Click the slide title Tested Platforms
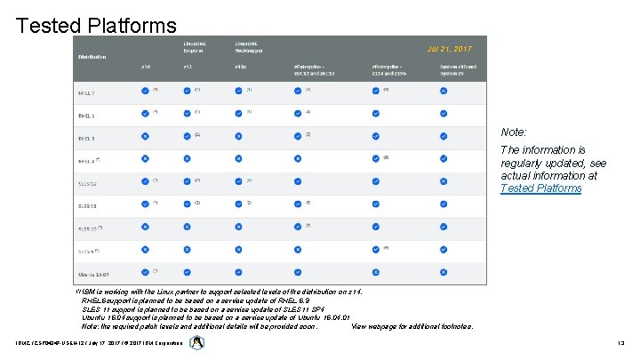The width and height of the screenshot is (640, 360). point(96,24)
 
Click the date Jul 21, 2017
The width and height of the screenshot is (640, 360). point(450,49)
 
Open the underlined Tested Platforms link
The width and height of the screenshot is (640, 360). point(540,188)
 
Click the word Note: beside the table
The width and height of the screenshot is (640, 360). point(514,132)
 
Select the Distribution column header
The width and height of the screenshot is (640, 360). point(92,57)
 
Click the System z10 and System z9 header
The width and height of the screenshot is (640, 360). point(459,69)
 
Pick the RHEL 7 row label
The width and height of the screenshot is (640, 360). point(87,91)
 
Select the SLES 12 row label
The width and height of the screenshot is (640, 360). point(87,182)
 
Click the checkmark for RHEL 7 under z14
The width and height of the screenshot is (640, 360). point(145,91)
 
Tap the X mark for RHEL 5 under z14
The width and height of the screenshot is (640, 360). point(145,137)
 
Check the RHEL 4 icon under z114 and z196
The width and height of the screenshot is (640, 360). point(375,160)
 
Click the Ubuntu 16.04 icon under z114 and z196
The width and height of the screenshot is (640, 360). point(375,273)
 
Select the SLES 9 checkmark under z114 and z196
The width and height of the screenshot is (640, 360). point(375,251)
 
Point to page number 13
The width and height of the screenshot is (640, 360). point(620,344)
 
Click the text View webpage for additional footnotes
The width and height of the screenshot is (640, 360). point(412,326)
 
